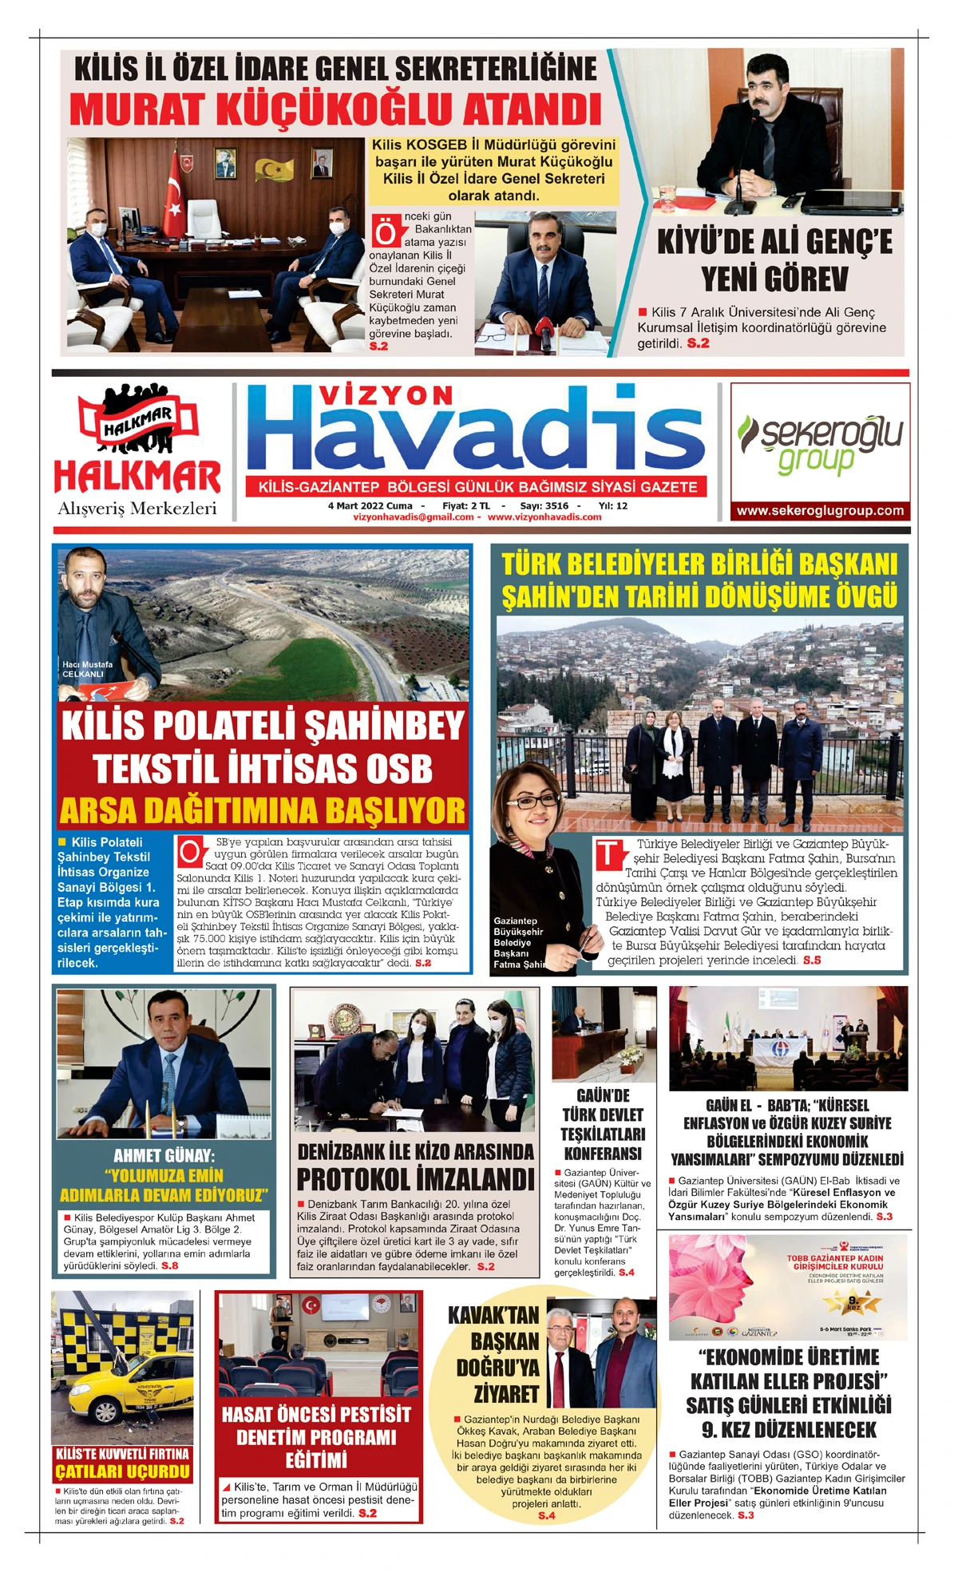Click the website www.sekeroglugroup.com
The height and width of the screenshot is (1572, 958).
tap(820, 511)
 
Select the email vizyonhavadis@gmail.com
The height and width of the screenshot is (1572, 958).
tap(413, 517)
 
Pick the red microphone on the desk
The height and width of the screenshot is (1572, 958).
tap(544, 328)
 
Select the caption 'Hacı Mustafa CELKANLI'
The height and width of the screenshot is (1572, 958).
tap(87, 669)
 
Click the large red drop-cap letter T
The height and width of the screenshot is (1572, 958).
tap(609, 854)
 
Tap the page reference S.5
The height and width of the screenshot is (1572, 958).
tap(812, 960)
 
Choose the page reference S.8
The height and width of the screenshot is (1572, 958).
tap(169, 1265)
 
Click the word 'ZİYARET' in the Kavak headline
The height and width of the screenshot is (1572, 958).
tap(506, 1394)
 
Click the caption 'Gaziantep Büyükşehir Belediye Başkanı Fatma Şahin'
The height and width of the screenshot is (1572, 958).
tap(519, 943)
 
